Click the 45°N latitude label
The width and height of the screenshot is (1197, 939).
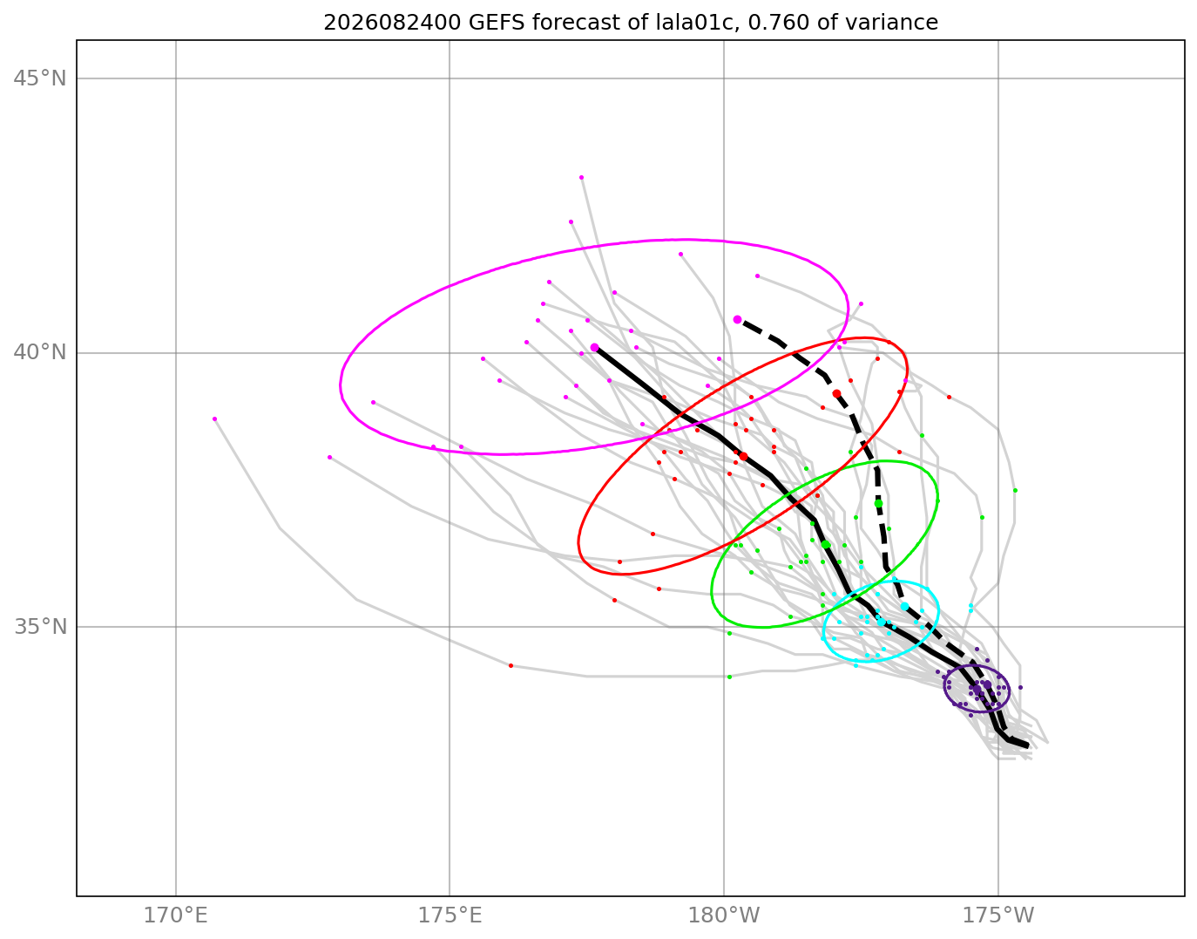(40, 78)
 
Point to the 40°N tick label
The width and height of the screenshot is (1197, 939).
(40, 352)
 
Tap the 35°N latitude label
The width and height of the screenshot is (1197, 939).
(40, 627)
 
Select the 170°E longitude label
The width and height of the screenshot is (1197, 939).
(176, 915)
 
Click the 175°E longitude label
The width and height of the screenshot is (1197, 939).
(450, 915)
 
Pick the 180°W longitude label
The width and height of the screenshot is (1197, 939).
(724, 915)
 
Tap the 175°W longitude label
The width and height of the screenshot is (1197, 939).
(998, 915)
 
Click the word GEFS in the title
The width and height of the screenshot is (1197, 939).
(497, 23)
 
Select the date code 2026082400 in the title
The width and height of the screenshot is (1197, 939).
(392, 23)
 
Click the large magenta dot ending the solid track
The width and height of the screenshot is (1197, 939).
(594, 347)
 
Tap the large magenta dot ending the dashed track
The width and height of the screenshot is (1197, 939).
(738, 320)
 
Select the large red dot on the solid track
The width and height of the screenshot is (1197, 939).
(744, 456)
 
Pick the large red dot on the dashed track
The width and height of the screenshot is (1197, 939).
(836, 393)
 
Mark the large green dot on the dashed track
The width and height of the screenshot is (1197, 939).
(879, 503)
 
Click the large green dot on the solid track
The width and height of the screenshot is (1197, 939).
(826, 544)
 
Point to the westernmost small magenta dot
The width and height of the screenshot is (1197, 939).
(215, 418)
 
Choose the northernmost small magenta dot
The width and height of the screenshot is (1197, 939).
(582, 178)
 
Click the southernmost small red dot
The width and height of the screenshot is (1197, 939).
(511, 666)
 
